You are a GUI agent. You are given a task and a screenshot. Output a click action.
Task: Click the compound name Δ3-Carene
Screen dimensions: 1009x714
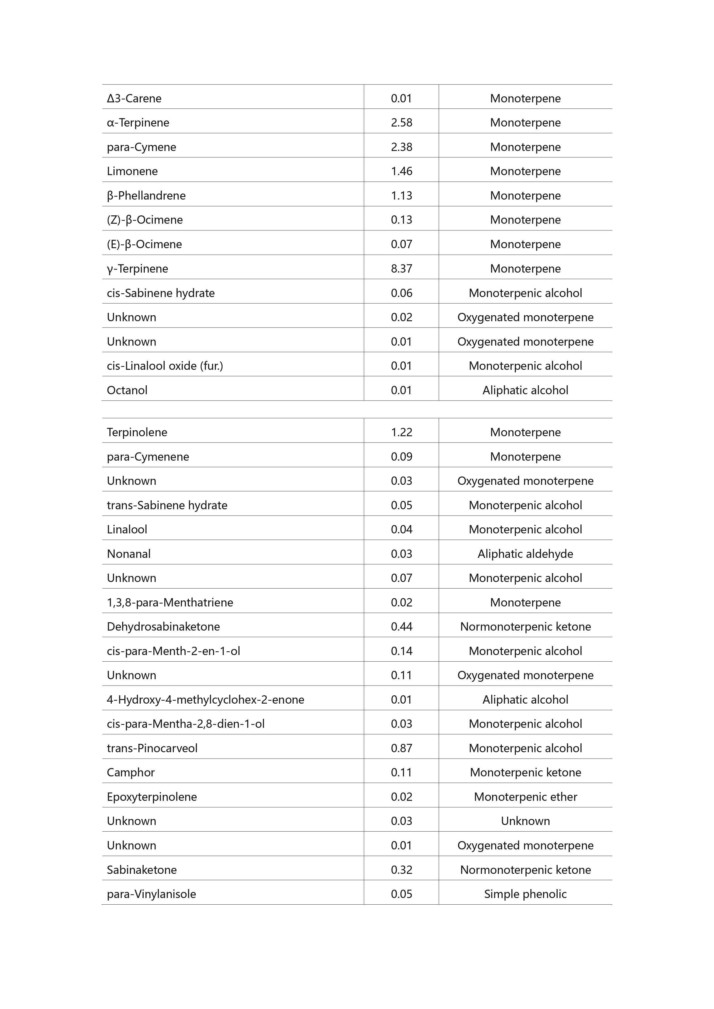coord(134,98)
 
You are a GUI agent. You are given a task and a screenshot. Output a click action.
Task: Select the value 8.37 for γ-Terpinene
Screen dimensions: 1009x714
coord(401,269)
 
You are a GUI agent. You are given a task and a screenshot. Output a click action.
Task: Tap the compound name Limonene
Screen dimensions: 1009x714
coord(132,171)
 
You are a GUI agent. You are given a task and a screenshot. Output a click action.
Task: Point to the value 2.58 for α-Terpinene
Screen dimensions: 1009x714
coord(401,122)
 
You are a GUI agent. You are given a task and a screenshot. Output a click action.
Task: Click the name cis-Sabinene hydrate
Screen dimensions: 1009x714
coord(161,293)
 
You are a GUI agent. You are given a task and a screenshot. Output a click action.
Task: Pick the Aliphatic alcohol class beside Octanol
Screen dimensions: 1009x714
coord(525,390)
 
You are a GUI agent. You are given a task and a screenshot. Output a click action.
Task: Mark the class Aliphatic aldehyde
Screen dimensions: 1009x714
coord(525,554)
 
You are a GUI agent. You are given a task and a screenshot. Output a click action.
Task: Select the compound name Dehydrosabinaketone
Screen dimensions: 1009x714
coord(163,627)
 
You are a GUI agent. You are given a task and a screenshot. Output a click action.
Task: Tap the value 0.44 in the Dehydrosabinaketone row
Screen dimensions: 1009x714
coord(401,627)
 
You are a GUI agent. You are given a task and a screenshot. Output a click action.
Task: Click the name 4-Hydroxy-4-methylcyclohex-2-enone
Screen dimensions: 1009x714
coord(206,700)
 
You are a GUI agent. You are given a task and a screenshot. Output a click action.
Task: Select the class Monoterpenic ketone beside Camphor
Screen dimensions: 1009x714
coord(525,773)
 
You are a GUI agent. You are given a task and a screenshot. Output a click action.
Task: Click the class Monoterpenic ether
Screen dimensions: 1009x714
coord(525,797)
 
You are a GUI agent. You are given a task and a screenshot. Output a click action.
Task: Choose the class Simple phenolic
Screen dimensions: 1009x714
coord(525,894)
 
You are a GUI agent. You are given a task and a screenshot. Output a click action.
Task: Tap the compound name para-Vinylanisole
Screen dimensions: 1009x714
coord(151,894)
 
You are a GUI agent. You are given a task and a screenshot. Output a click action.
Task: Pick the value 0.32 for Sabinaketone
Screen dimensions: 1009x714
coord(401,870)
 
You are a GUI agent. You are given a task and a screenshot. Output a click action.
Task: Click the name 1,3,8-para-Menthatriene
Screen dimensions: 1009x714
coord(170,602)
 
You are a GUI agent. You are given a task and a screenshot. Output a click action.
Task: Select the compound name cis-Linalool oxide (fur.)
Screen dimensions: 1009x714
coord(165,366)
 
